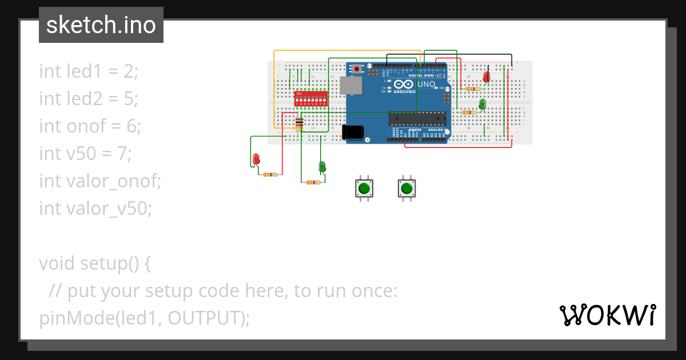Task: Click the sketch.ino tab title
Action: coord(101,25)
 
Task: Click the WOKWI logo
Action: coord(607,315)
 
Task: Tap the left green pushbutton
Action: coord(364,188)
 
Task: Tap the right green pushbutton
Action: coord(406,188)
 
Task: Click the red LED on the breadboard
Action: coord(486,77)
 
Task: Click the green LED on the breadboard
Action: coord(482,104)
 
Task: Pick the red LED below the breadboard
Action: coord(256,158)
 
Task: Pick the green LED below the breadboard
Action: coord(322,167)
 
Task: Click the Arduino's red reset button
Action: coord(357,69)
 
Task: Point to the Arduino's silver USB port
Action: coord(350,86)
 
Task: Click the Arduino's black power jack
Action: coord(353,131)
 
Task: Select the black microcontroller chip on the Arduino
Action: coord(416,118)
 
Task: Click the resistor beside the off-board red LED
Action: coord(270,174)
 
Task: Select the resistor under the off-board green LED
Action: coord(313,182)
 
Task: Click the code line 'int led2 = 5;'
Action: coord(89,99)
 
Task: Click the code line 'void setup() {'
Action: coord(95,263)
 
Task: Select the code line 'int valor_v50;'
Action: coord(95,209)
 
